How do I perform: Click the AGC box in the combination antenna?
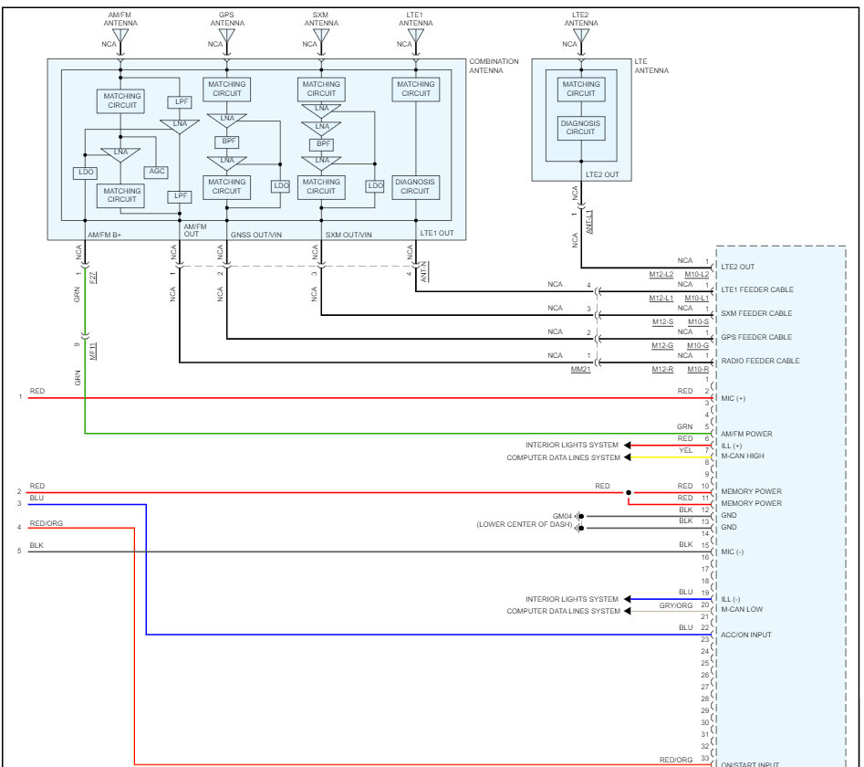(157, 172)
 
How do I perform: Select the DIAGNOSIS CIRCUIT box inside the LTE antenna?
(581, 128)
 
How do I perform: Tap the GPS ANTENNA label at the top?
(227, 19)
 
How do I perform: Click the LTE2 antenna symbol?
(581, 36)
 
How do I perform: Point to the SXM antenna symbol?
(321, 36)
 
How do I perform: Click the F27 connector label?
(92, 277)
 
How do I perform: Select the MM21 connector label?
(581, 370)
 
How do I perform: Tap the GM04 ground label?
(562, 516)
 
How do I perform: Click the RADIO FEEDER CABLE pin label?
(760, 361)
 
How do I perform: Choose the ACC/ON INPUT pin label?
(746, 635)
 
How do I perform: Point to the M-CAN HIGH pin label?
(743, 456)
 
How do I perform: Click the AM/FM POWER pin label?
(746, 434)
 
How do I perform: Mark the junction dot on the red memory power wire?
(629, 492)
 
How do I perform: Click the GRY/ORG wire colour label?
(675, 605)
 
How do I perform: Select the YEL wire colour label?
(685, 450)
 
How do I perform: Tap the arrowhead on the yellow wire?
(627, 457)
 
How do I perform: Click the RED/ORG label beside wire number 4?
(47, 523)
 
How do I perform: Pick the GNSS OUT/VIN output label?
(256, 235)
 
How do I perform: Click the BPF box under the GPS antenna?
(227, 142)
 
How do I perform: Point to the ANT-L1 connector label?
(589, 222)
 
